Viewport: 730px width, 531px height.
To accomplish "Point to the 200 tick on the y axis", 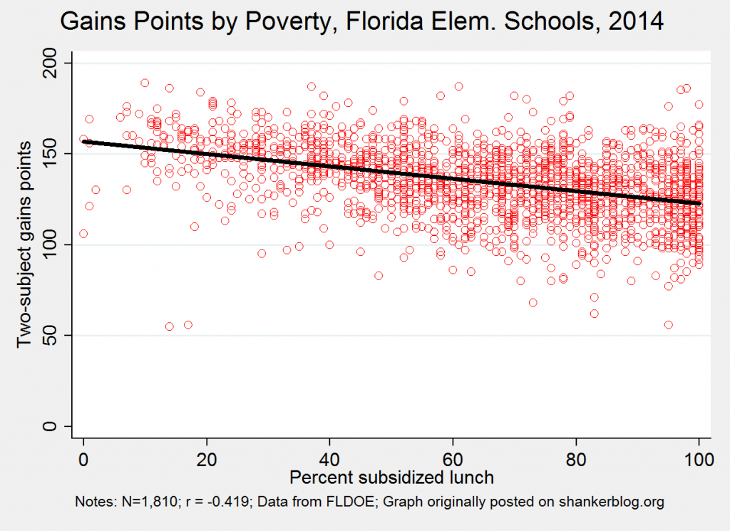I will [x=52, y=63].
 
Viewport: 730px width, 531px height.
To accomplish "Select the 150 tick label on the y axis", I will [x=52, y=154].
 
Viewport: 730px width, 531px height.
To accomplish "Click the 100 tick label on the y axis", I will [x=52, y=244].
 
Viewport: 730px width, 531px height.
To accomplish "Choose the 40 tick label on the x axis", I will [x=330, y=459].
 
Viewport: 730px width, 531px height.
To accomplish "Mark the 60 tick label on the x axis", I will [x=453, y=459].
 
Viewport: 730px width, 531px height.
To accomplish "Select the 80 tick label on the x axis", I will [x=576, y=459].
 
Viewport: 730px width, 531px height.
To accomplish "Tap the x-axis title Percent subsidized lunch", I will [x=391, y=475].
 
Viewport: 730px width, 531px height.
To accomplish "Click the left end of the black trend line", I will [x=85, y=141].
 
